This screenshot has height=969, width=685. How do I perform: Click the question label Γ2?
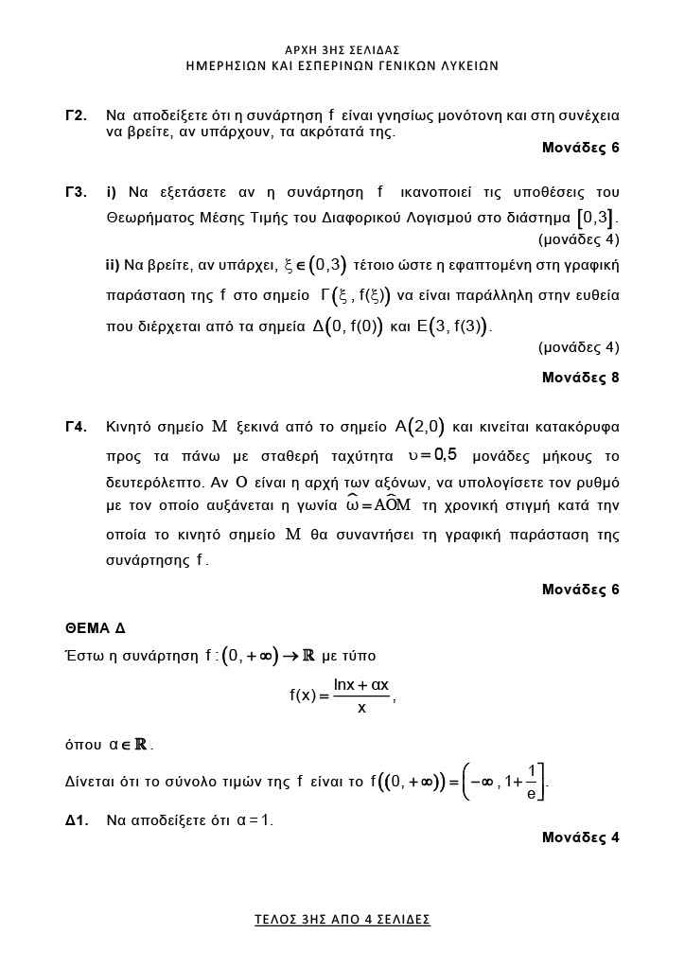coord(77,115)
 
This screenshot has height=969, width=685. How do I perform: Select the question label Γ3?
coord(77,193)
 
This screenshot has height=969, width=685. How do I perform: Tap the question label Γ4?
coord(77,427)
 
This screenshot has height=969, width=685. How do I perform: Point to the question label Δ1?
coord(77,820)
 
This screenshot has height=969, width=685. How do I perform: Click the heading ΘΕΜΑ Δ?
coord(95,628)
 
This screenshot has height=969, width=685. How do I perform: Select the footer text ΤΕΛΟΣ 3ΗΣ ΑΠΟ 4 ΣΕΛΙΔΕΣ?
coord(342,919)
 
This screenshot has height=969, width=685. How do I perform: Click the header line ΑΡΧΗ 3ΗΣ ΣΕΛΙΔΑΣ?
coord(342,49)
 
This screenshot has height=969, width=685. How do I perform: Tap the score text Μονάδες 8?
coord(580,378)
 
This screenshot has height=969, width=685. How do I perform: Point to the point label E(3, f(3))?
coord(454,327)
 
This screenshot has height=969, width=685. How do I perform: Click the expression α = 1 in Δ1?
coord(254,820)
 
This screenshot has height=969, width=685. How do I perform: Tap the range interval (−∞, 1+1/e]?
coord(503,783)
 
